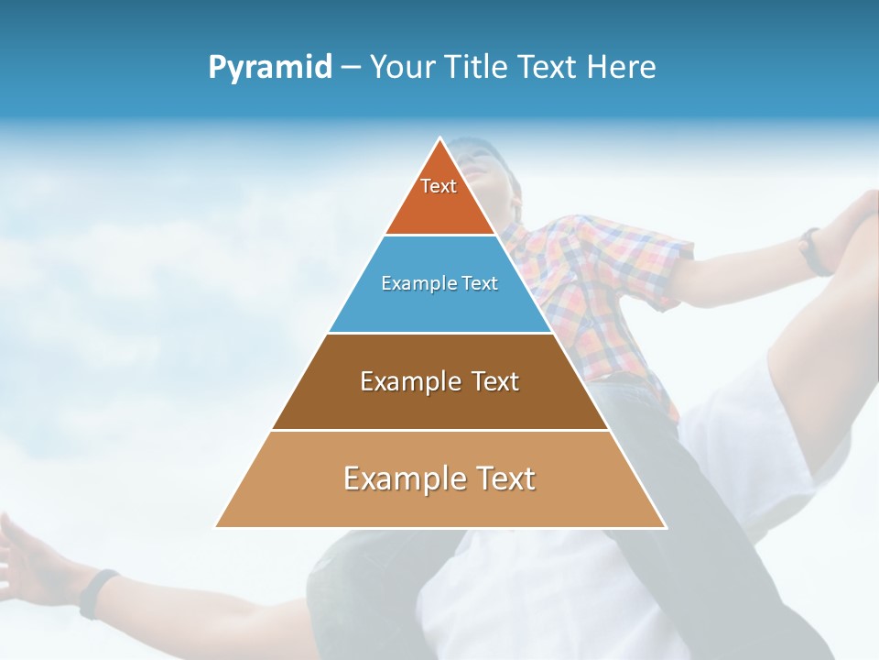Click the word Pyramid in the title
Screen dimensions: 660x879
click(270, 67)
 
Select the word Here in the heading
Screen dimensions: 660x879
click(621, 67)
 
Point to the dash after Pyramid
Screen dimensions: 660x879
click(351, 68)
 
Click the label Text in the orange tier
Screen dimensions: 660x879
click(439, 186)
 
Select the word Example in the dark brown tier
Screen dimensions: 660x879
click(401, 381)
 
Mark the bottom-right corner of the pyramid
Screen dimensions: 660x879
click(665, 527)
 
